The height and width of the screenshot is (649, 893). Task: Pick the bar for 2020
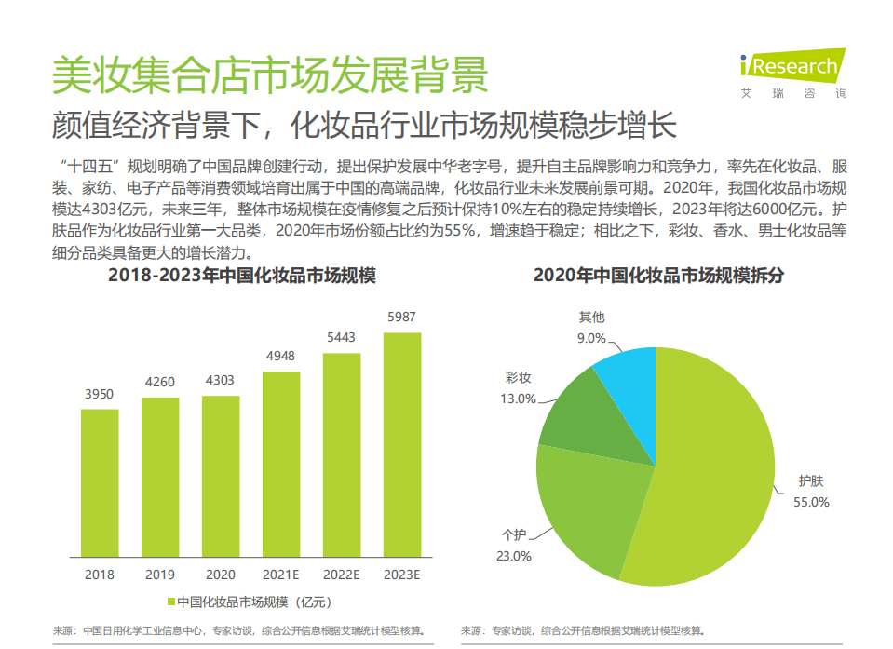click(x=221, y=474)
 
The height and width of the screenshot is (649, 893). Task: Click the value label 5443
click(x=341, y=337)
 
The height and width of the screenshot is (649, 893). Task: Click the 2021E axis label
click(x=281, y=575)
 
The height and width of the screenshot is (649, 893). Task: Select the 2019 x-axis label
click(x=160, y=575)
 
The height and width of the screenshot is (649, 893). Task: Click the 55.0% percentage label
click(x=811, y=502)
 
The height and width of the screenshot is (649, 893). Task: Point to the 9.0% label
click(x=591, y=338)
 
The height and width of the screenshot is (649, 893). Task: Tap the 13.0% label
click(x=519, y=399)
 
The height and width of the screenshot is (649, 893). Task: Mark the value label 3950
click(x=100, y=394)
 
